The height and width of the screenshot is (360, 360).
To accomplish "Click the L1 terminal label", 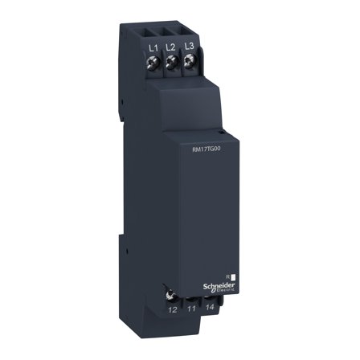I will (x=153, y=48).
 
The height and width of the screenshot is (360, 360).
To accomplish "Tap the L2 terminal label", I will (x=170, y=48).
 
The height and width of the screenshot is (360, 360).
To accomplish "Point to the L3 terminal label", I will (x=188, y=48).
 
